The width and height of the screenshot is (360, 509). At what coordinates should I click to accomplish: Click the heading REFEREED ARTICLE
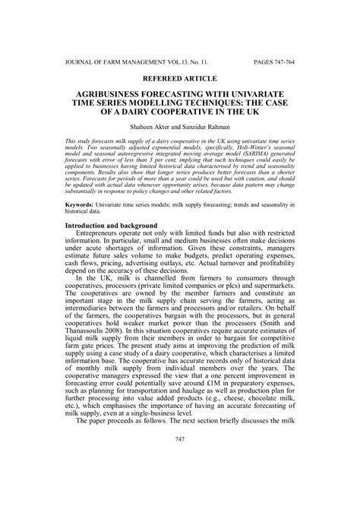[x=180, y=77]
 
